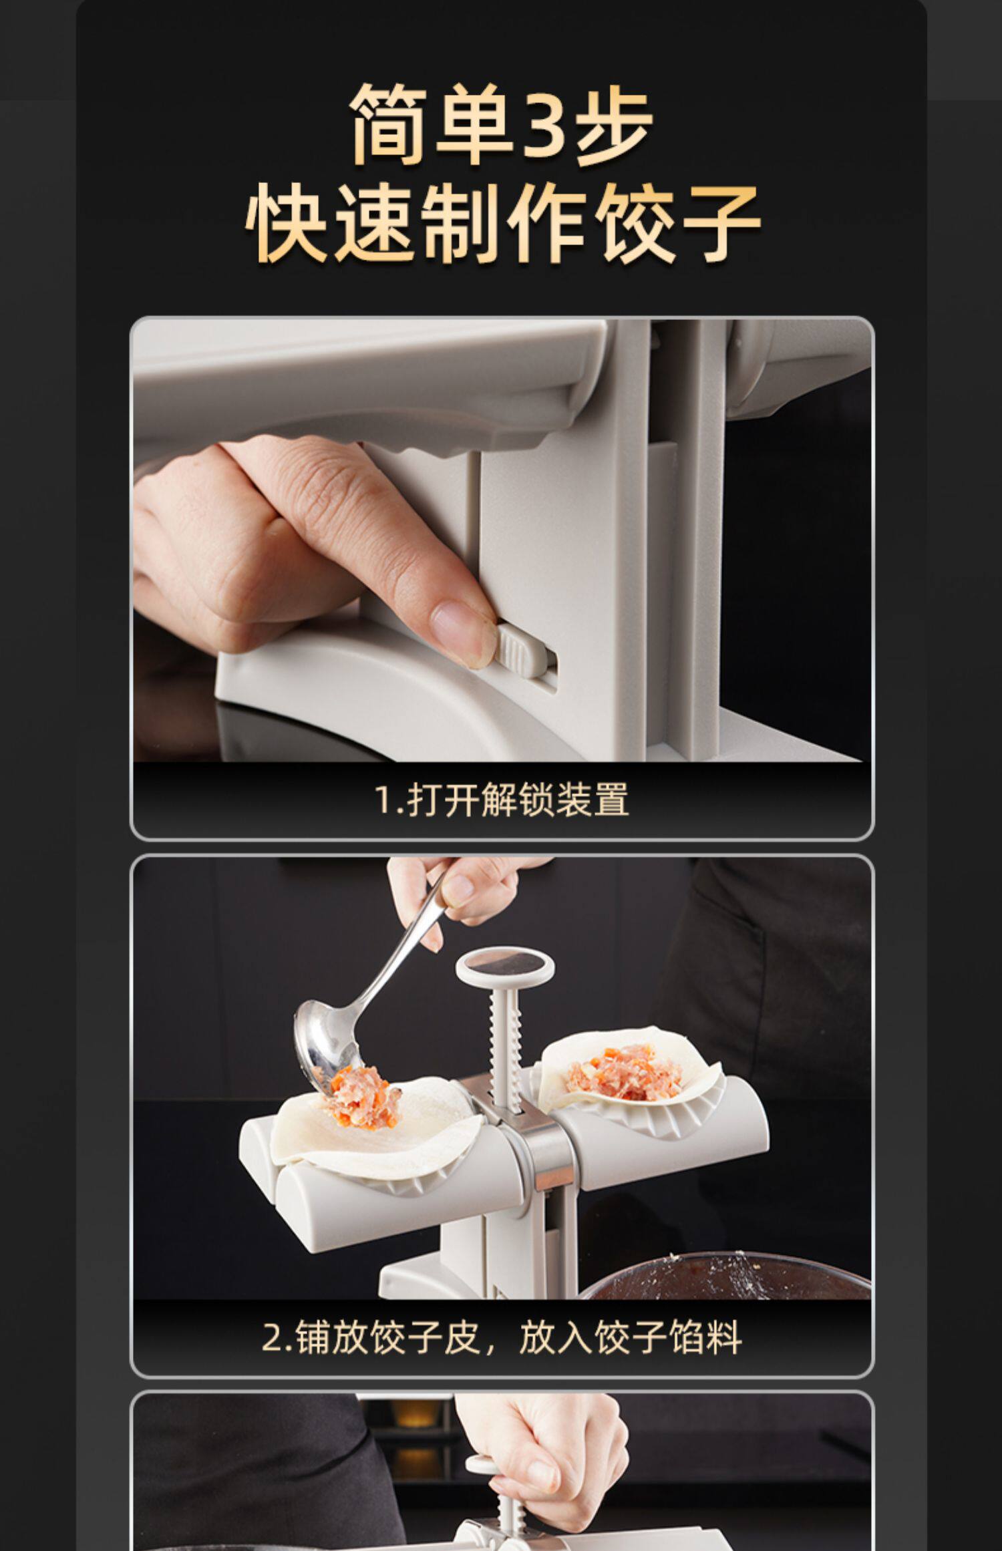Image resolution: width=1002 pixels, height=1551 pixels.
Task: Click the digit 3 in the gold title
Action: (545, 124)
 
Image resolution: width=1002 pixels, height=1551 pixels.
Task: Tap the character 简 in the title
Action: (391, 124)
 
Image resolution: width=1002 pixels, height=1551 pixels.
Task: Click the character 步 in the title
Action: (613, 124)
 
